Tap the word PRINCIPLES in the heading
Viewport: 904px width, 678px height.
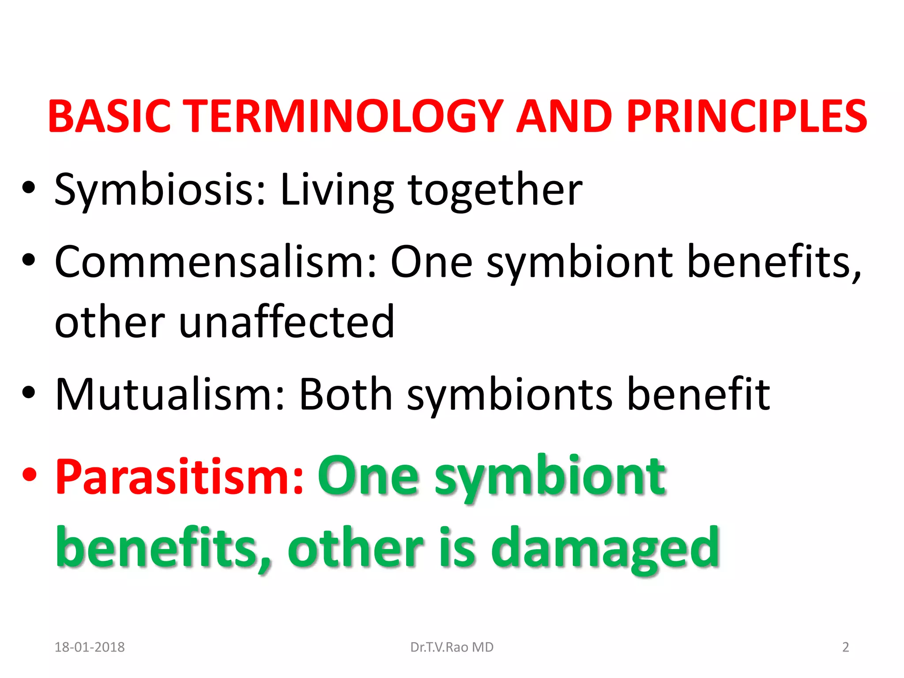tap(746, 116)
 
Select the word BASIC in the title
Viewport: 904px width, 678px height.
tap(109, 116)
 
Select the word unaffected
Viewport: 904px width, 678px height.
tap(286, 322)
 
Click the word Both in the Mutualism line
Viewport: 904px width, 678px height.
tap(345, 394)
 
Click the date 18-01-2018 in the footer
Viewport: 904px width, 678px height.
tap(90, 647)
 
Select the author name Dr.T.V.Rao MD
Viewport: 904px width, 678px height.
tap(452, 647)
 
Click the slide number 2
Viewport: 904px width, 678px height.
tap(845, 647)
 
